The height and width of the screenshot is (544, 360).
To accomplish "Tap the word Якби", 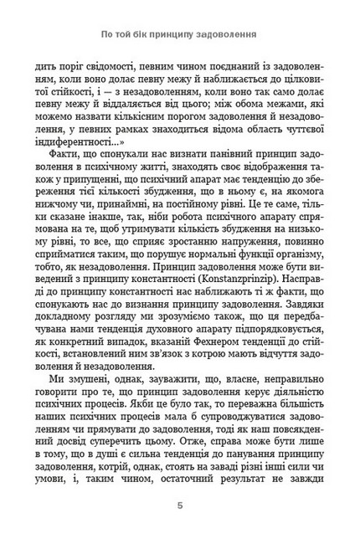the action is [x=147, y=395].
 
